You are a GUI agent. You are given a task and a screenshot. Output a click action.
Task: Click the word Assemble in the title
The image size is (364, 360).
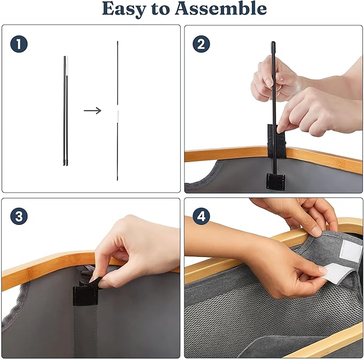221,8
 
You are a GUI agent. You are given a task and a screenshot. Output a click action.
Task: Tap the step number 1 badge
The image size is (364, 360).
19,44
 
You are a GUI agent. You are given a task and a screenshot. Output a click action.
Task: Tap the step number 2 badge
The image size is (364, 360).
201,44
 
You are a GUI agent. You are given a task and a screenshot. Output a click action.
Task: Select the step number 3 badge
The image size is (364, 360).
19,216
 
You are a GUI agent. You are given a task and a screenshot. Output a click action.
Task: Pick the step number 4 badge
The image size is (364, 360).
201,216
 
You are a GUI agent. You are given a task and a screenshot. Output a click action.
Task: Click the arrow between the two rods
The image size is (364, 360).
92,111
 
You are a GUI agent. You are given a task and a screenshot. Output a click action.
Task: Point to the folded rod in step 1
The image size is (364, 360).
66,111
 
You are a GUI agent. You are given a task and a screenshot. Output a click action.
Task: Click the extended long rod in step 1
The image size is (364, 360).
117,111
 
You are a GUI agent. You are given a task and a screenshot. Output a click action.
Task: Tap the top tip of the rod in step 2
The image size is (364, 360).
273,42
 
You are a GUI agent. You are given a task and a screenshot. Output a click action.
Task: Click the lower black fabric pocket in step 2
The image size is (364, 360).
276,181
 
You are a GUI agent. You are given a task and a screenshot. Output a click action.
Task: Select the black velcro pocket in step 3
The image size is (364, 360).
85,296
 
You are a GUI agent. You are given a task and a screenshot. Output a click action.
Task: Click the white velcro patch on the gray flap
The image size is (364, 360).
350,251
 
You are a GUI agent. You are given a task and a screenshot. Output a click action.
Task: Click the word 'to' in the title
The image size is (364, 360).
160,9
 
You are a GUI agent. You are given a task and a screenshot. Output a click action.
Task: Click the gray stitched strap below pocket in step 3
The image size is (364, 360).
85,331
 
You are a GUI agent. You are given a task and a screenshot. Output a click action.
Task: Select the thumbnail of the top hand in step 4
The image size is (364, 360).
317,231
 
